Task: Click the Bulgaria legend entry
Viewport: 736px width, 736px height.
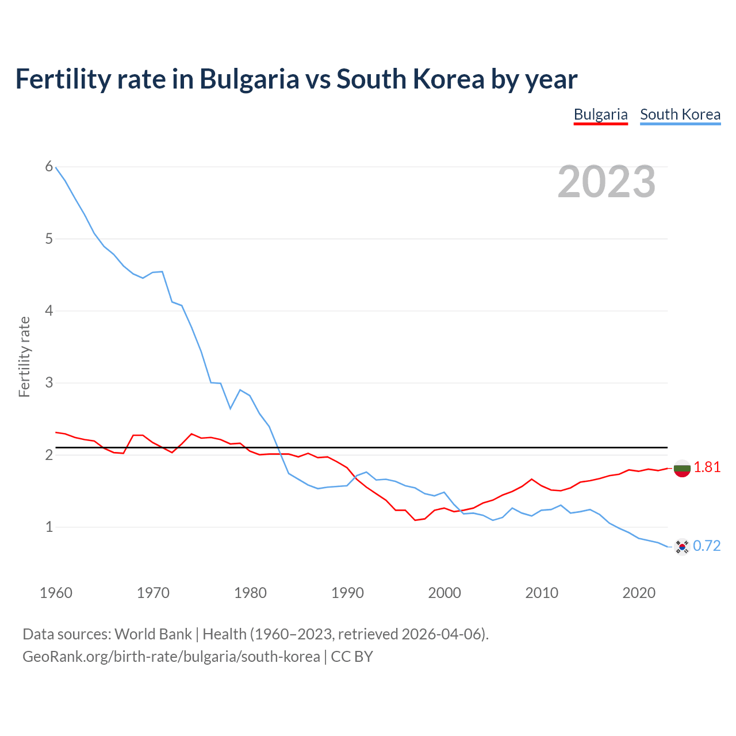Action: pos(600,114)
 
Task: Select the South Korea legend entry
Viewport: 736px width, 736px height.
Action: pos(680,114)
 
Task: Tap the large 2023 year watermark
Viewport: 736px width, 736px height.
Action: pos(606,182)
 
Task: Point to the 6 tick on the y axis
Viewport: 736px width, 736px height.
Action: pos(49,167)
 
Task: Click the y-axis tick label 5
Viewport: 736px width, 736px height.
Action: pos(49,239)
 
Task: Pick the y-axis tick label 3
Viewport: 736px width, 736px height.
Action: pos(49,382)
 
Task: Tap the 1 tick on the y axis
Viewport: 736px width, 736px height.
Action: pos(49,527)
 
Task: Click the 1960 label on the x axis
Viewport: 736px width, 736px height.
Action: pos(56,593)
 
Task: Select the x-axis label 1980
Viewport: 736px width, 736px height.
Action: pos(250,593)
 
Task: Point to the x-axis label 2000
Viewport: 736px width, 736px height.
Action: pos(444,593)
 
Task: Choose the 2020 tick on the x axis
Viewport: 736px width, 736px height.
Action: pos(639,593)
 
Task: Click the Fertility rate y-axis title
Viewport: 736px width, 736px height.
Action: pos(24,356)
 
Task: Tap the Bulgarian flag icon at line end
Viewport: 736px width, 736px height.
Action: pos(682,469)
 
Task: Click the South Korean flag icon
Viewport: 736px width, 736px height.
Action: pos(682,546)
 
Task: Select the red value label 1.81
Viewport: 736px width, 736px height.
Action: pos(707,467)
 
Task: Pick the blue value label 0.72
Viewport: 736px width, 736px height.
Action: pos(707,546)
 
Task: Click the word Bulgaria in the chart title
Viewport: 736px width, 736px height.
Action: pos(249,79)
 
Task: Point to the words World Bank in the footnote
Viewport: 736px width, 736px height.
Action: pos(153,634)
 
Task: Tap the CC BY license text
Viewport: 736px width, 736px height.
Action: pos(352,657)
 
